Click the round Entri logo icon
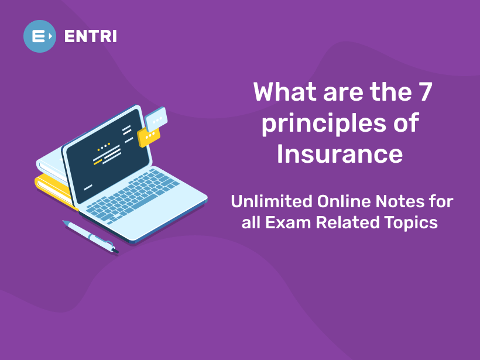[x=40, y=36]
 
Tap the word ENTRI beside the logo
[x=91, y=36]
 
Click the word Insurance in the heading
[x=340, y=154]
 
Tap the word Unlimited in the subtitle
[x=271, y=202]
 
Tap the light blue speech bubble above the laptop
[x=156, y=119]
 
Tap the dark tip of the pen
[x=115, y=251]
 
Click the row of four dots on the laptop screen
[x=102, y=146]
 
